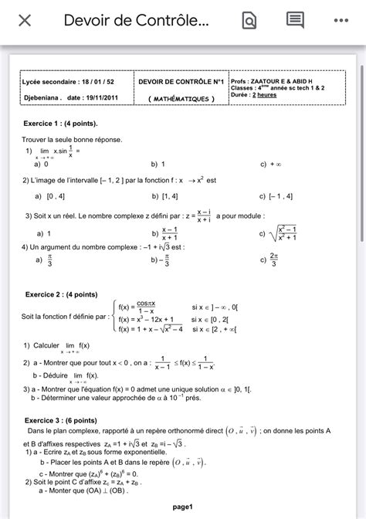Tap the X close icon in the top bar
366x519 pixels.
click(x=25, y=21)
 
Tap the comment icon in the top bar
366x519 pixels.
click(x=295, y=20)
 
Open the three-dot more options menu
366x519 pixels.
click(x=341, y=21)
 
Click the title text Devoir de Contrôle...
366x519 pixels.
click(x=136, y=21)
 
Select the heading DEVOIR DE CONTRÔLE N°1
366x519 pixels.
click(x=181, y=81)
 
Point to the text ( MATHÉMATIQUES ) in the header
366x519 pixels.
click(x=181, y=99)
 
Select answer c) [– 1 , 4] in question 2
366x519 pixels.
click(x=277, y=196)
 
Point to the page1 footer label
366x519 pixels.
click(x=183, y=507)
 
